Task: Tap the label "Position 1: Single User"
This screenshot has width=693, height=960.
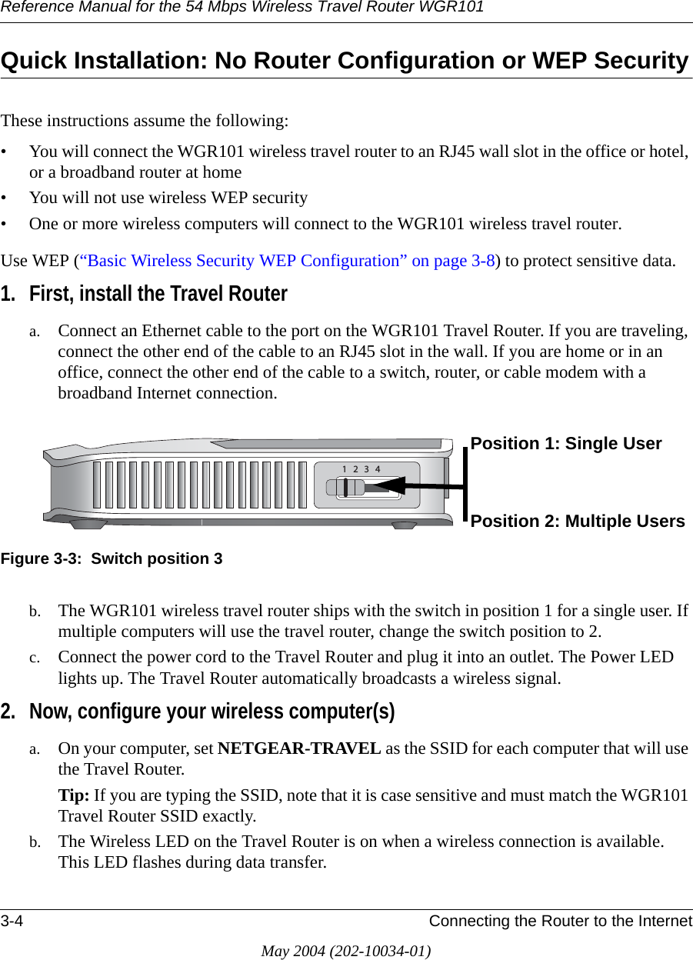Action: [566, 444]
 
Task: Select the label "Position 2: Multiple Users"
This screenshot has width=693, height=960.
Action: [578, 522]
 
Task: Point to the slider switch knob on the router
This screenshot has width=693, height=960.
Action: [345, 487]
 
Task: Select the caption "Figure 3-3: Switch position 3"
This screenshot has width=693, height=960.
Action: [112, 558]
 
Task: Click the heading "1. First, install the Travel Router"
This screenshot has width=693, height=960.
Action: [144, 294]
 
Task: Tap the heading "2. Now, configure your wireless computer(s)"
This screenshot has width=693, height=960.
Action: [198, 712]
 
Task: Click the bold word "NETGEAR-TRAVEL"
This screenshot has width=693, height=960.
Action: [299, 748]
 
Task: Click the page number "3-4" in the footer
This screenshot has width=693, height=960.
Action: [11, 922]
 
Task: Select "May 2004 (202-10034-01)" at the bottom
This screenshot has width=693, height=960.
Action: [346, 951]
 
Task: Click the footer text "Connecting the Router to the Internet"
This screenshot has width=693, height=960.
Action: [560, 922]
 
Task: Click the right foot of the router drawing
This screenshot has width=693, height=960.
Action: [404, 525]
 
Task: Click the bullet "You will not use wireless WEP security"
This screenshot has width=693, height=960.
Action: [168, 198]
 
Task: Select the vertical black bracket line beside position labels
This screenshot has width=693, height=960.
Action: [466, 482]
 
